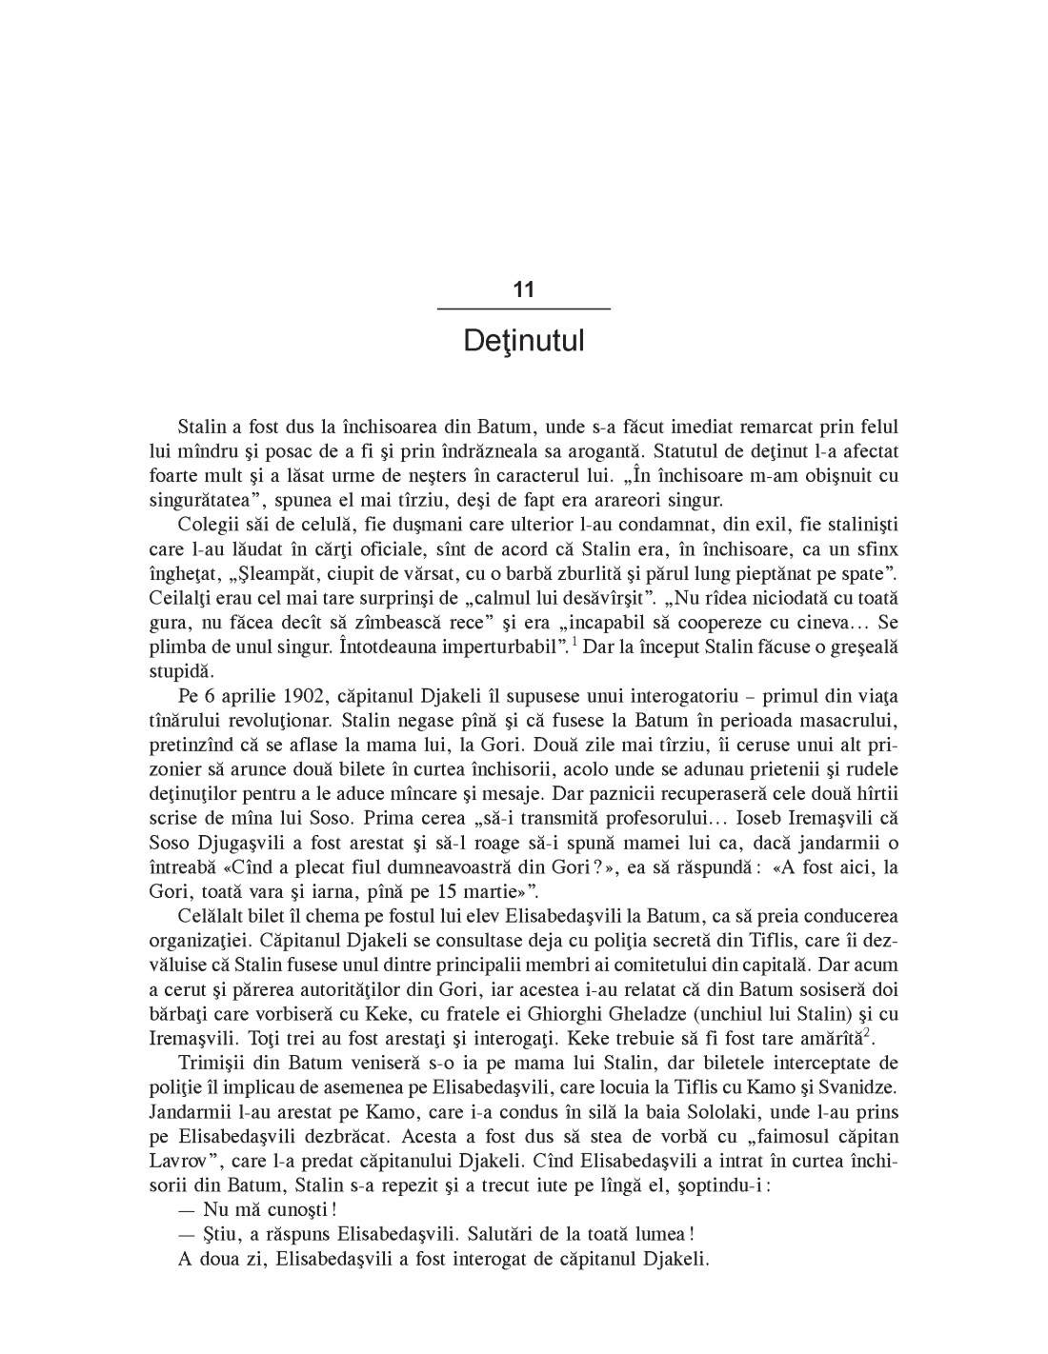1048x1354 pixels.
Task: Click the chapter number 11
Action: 523,289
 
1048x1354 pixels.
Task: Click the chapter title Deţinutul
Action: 523,341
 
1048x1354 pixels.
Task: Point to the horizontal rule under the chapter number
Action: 523,309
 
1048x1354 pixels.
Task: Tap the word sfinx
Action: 877,549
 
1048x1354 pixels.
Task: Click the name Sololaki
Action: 688,1112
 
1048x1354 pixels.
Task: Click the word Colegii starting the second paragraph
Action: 207,525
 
